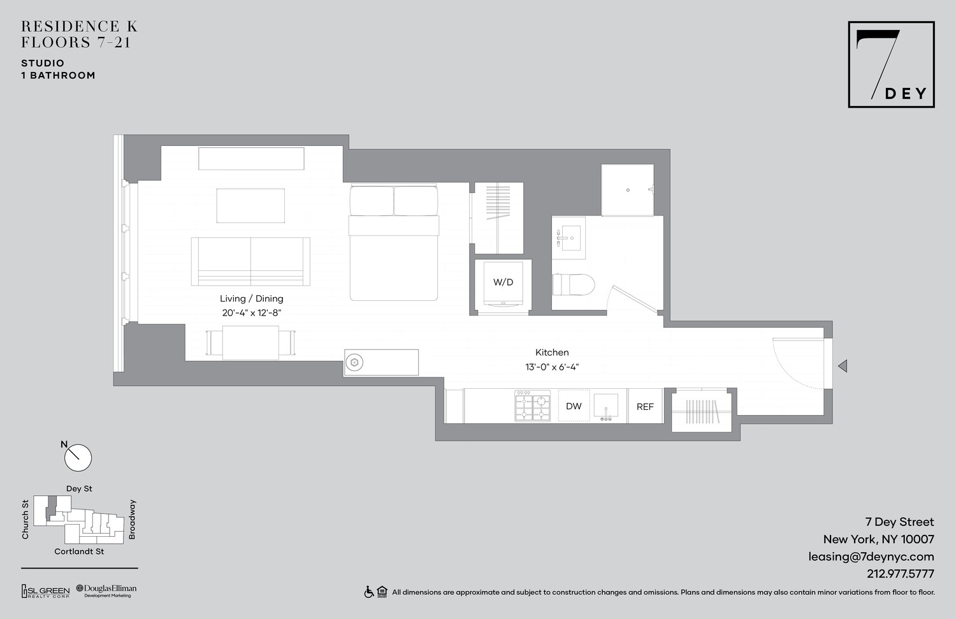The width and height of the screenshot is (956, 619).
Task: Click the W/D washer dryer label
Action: click(503, 282)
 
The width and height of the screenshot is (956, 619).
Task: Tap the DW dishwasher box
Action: click(574, 406)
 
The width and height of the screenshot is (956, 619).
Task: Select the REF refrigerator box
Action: click(645, 406)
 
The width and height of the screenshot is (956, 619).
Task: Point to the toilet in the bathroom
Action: click(573, 284)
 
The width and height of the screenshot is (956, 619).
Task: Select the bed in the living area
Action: click(393, 242)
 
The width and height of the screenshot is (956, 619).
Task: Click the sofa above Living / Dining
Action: click(250, 261)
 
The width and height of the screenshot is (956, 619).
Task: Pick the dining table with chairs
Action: click(250, 342)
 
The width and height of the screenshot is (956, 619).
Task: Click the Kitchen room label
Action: click(552, 353)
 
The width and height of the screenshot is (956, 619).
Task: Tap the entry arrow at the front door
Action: click(842, 366)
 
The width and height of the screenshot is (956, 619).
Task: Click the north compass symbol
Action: click(78, 457)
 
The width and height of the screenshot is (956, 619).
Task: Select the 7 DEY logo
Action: click(890, 64)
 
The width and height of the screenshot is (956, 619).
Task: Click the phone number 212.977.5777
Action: click(900, 574)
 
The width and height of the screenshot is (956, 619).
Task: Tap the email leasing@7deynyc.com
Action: click(871, 557)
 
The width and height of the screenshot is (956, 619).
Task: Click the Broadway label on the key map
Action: click(133, 520)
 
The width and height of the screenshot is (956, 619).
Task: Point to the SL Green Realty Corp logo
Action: click(46, 592)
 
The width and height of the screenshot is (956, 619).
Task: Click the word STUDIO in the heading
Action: click(43, 63)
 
